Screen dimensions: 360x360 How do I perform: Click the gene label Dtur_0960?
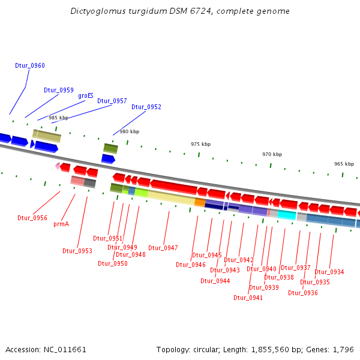pos(30,65)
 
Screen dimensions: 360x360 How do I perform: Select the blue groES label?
pos(86,95)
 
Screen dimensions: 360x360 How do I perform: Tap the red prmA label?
pos(61,224)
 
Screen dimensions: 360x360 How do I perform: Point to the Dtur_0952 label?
pos(146,107)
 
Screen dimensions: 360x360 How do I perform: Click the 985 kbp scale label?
pos(58,118)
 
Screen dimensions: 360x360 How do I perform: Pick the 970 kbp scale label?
pos(272,154)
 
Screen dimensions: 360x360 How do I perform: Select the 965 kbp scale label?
pos(344,164)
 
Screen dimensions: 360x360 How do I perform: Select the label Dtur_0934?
pos(329,272)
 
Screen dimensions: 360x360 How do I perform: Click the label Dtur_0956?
pos(32,218)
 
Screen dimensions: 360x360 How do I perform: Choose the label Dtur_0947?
pos(163,248)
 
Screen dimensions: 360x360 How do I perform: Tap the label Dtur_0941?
pos(248,298)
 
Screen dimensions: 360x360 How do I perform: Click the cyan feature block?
pos(287,214)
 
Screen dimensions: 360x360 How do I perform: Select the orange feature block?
pos(200,202)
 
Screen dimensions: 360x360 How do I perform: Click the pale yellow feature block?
pos(171,196)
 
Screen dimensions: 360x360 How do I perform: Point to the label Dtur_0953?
pos(77,251)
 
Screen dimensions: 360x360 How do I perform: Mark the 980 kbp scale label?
pos(129,131)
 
